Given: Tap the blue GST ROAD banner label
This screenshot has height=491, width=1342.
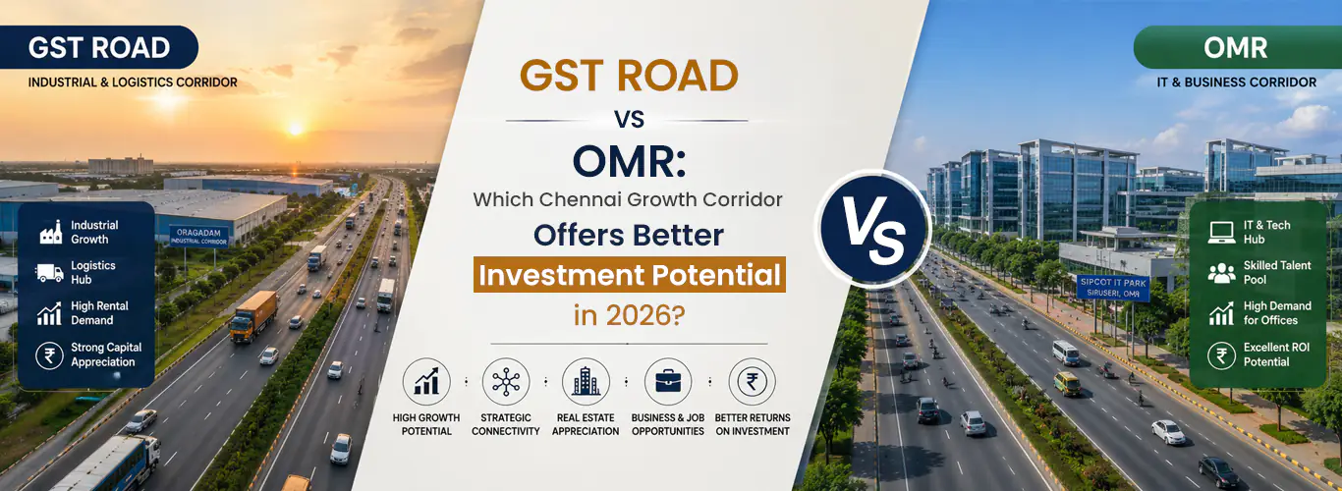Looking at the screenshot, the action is pos(99,47).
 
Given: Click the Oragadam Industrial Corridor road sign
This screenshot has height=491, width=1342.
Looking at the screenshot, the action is pos(198,236).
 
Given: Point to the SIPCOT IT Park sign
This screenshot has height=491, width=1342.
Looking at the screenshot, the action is pos(1113,288).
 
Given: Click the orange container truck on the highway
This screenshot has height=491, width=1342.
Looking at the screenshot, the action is pos(253,317).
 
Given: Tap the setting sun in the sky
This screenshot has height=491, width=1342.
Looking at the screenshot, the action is pos(295,128).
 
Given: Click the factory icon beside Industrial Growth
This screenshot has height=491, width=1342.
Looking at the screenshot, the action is pos(51,232).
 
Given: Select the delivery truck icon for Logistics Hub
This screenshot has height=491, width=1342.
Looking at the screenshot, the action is pos(50,272).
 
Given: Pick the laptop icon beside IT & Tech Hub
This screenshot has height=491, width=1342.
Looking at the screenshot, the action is pos(1221,233).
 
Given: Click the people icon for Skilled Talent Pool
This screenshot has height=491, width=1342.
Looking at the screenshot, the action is pos(1221,273).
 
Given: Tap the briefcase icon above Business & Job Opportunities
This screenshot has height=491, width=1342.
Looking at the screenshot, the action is pos(668,381).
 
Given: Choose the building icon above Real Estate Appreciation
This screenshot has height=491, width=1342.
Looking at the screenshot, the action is pos(586,381).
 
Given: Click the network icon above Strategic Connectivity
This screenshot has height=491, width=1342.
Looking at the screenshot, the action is pos(506,381).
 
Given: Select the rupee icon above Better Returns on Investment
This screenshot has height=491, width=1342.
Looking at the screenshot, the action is pos(752,381).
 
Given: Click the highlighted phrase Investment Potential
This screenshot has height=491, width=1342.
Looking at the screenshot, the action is pos(630,275).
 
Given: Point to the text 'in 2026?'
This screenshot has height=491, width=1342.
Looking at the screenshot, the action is pos(629,315).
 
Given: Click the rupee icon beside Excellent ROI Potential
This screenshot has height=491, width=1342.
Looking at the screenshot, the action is pos(1221,355).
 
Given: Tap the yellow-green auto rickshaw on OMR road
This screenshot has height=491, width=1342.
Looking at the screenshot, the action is pos(1067,384).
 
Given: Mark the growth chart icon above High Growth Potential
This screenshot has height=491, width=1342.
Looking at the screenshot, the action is pos(426,381).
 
